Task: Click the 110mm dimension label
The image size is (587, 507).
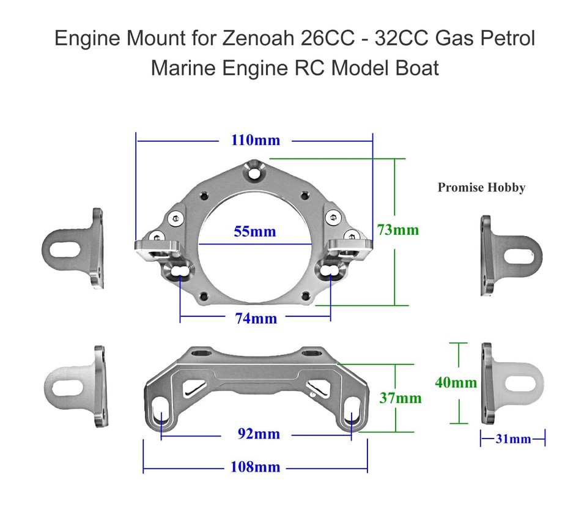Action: click(x=255, y=140)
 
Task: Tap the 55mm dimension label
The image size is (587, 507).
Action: click(x=255, y=232)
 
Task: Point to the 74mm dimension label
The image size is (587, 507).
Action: click(x=256, y=319)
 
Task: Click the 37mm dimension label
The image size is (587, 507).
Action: click(x=400, y=398)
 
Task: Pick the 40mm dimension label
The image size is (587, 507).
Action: click(x=456, y=382)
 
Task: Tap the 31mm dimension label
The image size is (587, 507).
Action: click(x=512, y=439)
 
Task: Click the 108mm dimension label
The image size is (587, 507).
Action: click(x=255, y=467)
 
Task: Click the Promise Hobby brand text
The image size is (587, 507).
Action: click(x=481, y=187)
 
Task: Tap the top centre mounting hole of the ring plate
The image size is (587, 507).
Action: click(x=254, y=171)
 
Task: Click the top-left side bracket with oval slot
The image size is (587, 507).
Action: click(x=73, y=248)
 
